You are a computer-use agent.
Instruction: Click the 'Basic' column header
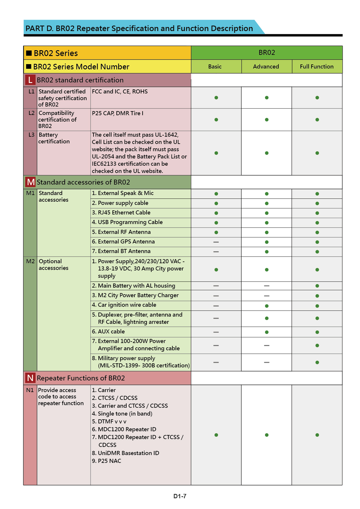click(x=215, y=66)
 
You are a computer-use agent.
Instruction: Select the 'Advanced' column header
click(x=266, y=66)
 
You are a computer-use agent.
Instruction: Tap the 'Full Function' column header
click(x=317, y=66)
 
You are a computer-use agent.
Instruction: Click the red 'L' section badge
click(x=30, y=80)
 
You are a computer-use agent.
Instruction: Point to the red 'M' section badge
click(x=30, y=182)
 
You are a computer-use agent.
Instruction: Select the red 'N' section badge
click(x=30, y=378)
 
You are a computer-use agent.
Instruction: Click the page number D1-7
click(x=180, y=496)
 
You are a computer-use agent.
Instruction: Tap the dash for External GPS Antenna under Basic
click(x=216, y=242)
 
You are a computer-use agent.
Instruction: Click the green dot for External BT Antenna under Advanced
click(x=267, y=252)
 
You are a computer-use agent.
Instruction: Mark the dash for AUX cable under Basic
click(x=216, y=332)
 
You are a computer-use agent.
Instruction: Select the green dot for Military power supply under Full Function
click(x=317, y=362)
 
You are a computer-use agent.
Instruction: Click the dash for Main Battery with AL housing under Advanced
click(x=267, y=286)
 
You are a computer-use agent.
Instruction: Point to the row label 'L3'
click(x=31, y=135)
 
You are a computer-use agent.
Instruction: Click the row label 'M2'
click(x=30, y=261)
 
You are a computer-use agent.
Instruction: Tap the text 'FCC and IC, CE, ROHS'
click(x=120, y=91)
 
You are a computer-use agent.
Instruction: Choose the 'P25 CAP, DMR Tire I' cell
click(x=118, y=113)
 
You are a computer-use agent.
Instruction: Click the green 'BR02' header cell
click(x=267, y=53)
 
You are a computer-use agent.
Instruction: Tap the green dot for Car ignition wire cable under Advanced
click(x=267, y=306)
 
